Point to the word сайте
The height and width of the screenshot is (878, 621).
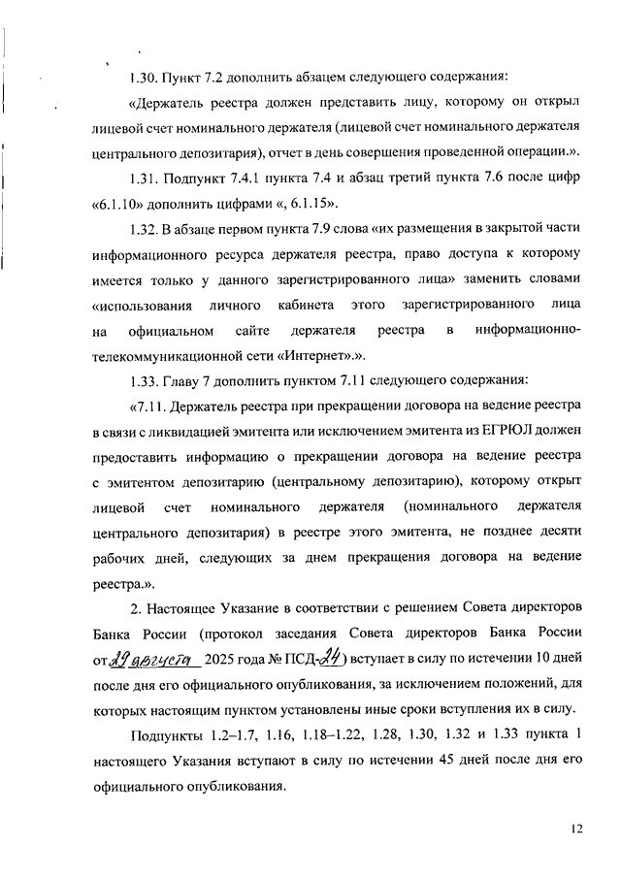[x=252, y=331]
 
